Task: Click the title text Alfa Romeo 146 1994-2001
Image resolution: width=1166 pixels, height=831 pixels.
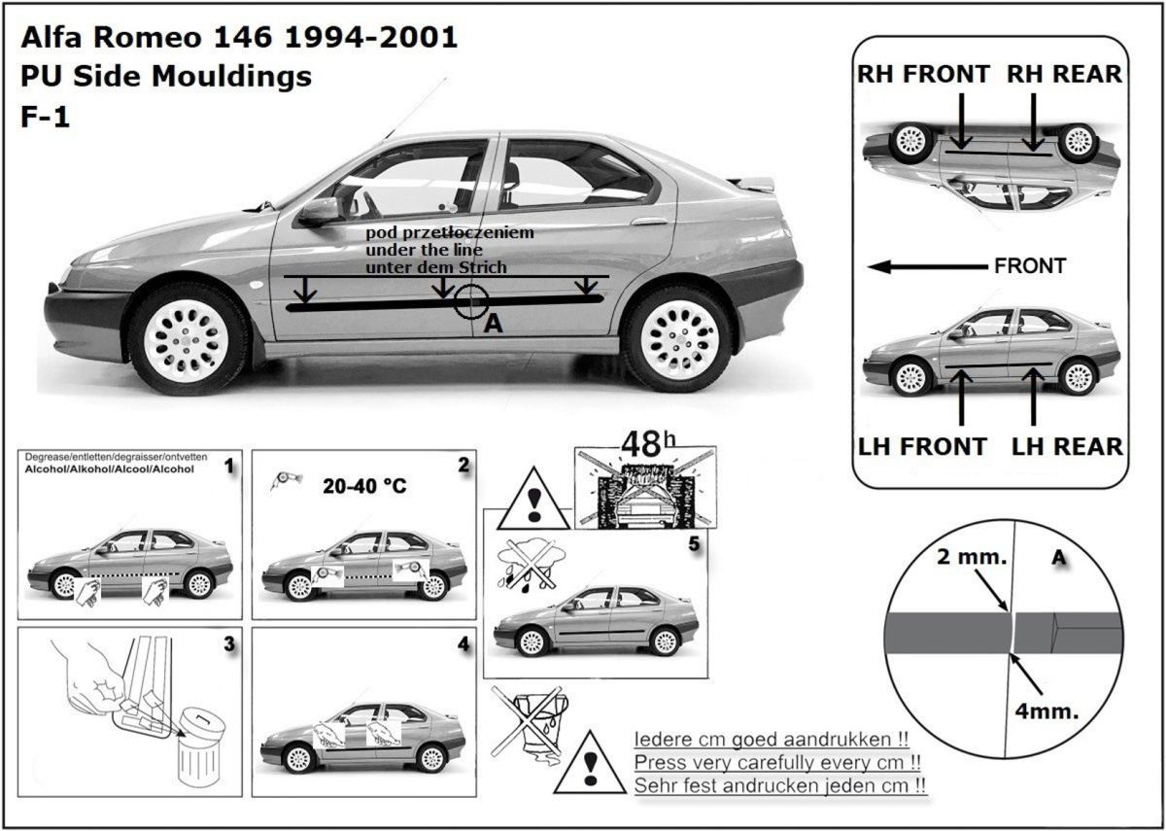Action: (239, 38)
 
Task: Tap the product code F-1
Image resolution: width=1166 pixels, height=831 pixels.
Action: (44, 117)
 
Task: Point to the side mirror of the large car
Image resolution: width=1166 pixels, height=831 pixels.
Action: (318, 211)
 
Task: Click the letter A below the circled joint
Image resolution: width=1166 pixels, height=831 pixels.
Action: (493, 326)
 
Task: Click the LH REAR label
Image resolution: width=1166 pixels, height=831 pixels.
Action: (1067, 447)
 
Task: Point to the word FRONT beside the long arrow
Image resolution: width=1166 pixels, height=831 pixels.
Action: (1030, 265)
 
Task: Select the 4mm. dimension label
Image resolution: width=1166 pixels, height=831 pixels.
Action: (1046, 710)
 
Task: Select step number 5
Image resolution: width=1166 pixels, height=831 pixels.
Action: (693, 543)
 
